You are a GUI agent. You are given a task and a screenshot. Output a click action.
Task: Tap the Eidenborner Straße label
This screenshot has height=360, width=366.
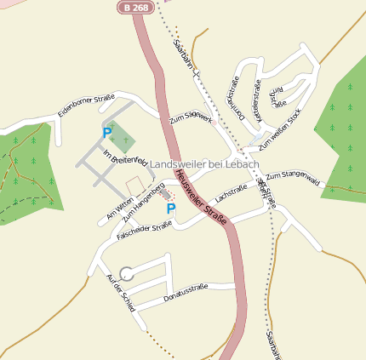coord(85,106)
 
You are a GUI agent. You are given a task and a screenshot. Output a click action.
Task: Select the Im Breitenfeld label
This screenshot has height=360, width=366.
coord(125,157)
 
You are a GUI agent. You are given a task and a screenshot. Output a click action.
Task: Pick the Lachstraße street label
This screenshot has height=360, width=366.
coord(232,192)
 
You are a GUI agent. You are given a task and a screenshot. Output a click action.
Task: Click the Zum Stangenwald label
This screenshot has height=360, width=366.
coord(292,180)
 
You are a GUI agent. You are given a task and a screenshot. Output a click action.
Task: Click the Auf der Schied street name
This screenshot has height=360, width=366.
coord(120,293)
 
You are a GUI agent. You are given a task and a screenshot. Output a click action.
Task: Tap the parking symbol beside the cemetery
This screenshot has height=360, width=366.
coord(107,132)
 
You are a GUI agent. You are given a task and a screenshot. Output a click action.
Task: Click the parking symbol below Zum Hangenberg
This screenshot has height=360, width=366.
coord(171,209)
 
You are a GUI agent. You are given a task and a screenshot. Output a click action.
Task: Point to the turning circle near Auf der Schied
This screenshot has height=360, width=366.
coord(127,273)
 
